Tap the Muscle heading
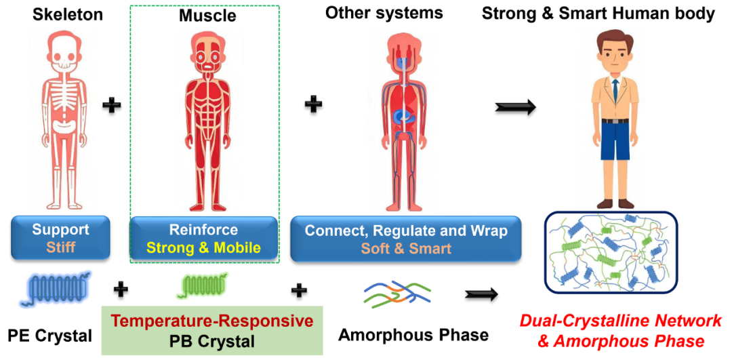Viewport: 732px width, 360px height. tap(203, 15)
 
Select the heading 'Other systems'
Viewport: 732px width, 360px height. tap(384, 13)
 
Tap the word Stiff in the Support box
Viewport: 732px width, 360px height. tap(60, 247)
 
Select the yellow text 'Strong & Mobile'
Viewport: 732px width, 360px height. tap(204, 248)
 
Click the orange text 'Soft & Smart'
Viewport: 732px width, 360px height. tap(406, 248)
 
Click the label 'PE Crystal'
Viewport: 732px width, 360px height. tap(50, 336)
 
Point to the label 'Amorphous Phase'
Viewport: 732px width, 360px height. tap(413, 334)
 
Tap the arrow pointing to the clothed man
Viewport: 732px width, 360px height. tap(516, 106)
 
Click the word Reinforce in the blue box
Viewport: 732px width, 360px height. tap(204, 230)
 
